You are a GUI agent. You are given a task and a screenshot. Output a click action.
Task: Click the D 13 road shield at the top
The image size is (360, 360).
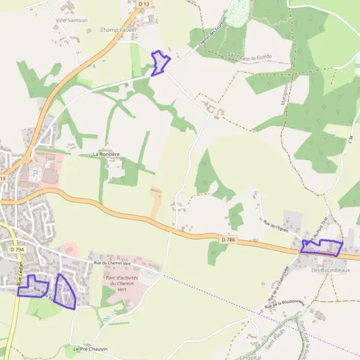point(142,4)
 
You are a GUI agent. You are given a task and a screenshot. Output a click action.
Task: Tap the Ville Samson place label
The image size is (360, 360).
point(71,20)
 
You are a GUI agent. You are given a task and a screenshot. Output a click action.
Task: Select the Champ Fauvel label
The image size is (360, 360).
point(118,29)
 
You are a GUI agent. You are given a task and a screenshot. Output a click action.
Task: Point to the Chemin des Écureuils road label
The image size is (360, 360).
point(209,34)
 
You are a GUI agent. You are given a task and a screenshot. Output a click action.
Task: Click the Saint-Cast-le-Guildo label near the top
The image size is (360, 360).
point(250,56)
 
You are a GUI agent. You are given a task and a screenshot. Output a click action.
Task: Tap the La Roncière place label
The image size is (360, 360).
point(106,154)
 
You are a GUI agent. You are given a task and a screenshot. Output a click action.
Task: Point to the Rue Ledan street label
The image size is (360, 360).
point(19,272)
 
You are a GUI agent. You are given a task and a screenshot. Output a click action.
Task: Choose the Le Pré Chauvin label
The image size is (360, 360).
point(90,349)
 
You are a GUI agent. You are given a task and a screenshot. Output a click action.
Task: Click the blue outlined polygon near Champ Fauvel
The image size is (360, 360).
point(160,63)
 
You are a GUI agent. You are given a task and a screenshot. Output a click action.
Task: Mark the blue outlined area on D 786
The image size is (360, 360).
point(322,247)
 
